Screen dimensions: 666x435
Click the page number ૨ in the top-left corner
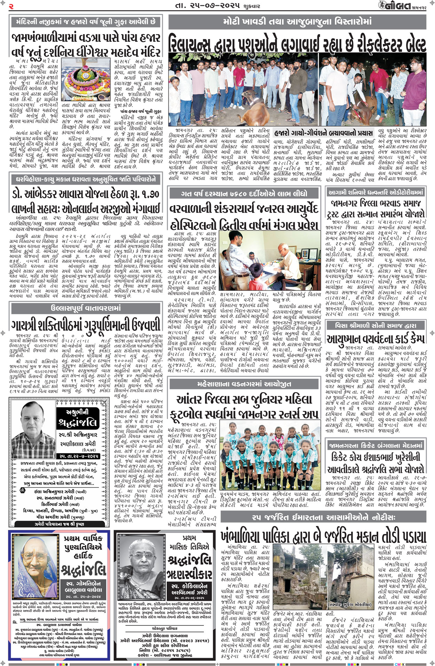click(x=11, y=6)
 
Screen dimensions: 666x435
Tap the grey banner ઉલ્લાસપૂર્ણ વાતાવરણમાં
click(x=86, y=308)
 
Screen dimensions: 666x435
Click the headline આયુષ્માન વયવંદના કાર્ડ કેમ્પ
click(x=375, y=338)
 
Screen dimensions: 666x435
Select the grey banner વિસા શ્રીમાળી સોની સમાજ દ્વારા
click(x=375, y=325)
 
